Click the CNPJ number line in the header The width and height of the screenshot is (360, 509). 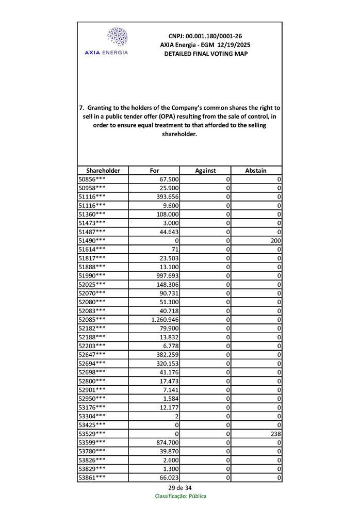[205, 36]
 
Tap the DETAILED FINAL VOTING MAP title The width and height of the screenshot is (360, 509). [205, 54]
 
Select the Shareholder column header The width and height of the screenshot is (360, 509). [103, 170]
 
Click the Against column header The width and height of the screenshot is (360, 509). [205, 170]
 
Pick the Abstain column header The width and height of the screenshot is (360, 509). [256, 170]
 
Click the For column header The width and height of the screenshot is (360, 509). [154, 170]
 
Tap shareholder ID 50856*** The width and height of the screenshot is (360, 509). [92, 179]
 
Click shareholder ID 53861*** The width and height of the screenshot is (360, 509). [92, 478]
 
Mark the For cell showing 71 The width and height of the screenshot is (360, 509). [173, 249]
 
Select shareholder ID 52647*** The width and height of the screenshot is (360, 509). [92, 355]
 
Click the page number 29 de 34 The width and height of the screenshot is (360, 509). [180, 488]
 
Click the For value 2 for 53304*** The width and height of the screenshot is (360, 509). [176, 416]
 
